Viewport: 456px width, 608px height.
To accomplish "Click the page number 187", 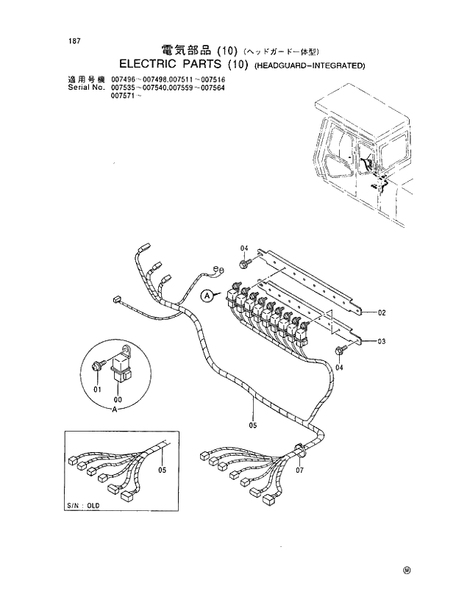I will (x=73, y=40).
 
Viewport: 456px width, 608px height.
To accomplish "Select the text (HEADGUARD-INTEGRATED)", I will (x=310, y=65).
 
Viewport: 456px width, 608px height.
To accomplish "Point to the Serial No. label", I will (x=85, y=87).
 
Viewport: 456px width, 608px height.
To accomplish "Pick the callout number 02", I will (x=382, y=312).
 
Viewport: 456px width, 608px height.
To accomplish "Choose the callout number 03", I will (x=382, y=341).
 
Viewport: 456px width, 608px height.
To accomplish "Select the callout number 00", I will (x=117, y=399).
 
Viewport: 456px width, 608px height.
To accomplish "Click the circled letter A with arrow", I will (x=208, y=296).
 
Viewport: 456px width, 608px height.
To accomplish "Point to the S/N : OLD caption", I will (x=82, y=507).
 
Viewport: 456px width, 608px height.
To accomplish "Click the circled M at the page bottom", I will (x=407, y=569).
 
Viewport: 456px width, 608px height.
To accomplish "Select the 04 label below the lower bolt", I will (x=339, y=366).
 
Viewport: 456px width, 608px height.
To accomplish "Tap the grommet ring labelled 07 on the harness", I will (x=299, y=448).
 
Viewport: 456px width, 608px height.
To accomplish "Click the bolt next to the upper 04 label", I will (x=243, y=262).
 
